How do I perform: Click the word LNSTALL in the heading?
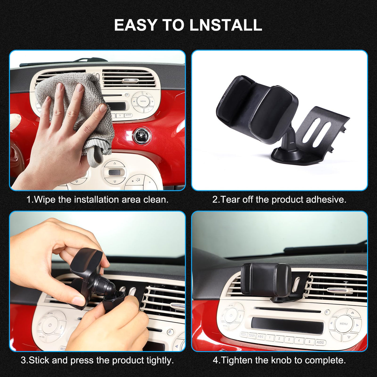pyautogui.click(x=226, y=25)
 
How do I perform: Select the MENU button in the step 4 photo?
pyautogui.click(x=344, y=324)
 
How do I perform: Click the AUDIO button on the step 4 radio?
pyautogui.click(x=320, y=342)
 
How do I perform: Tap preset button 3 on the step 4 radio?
pyautogui.click(x=289, y=339)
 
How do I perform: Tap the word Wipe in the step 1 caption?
pyautogui.click(x=45, y=200)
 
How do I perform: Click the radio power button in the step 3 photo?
pyautogui.click(x=50, y=325)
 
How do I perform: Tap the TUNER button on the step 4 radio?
pyautogui.click(x=252, y=336)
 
